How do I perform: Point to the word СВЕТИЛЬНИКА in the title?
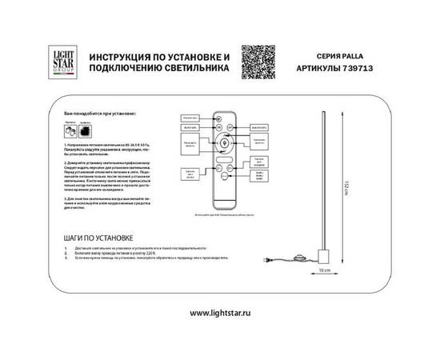pos(194,70)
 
